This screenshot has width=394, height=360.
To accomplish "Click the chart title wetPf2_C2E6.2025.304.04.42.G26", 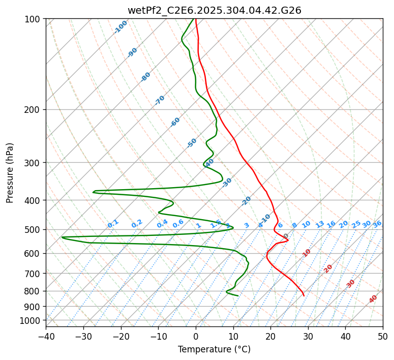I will point(214,10).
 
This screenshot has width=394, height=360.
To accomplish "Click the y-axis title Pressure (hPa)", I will point(10,173).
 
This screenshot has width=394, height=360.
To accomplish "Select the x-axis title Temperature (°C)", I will point(214,349).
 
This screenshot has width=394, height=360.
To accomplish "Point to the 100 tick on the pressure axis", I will point(35,19).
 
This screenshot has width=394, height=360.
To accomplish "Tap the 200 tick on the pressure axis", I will point(35,110).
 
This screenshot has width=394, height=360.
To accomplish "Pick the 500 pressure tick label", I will point(35,230).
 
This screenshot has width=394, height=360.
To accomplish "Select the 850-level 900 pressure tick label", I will point(35,307).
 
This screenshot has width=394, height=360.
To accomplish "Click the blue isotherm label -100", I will point(121,27).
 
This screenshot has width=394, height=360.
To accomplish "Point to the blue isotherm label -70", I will point(160,100).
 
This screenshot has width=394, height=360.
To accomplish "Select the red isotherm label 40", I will point(373,299).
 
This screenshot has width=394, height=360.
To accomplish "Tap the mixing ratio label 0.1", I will point(113,223).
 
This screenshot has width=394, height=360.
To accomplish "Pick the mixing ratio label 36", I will point(377,224).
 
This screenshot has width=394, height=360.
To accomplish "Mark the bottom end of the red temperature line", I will point(304,295).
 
